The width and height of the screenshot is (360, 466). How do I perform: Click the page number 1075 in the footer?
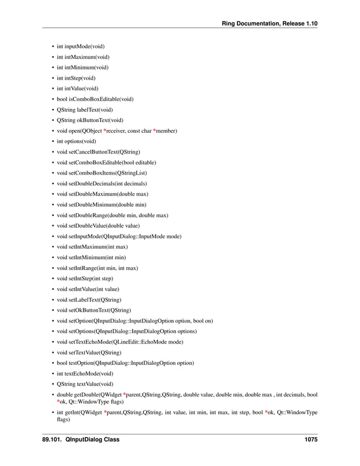(309, 439)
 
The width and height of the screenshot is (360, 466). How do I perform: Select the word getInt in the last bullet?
(74, 412)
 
